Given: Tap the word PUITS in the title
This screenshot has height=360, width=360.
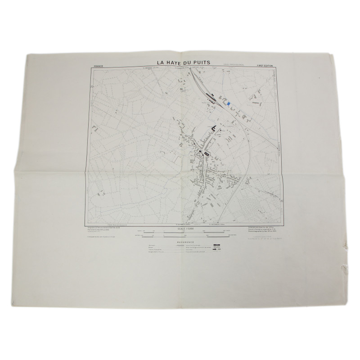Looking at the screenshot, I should (206, 63).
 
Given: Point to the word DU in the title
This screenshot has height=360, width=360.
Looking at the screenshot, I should (191, 63).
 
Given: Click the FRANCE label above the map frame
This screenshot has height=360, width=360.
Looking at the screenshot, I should (98, 66).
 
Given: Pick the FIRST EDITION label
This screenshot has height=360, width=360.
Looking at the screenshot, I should (266, 66).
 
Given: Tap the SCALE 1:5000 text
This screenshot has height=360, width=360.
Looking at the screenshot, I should (185, 229).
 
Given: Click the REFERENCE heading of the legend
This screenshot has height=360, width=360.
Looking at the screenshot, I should (185, 243).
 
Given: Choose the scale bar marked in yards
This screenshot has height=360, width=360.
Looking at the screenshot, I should (185, 232).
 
